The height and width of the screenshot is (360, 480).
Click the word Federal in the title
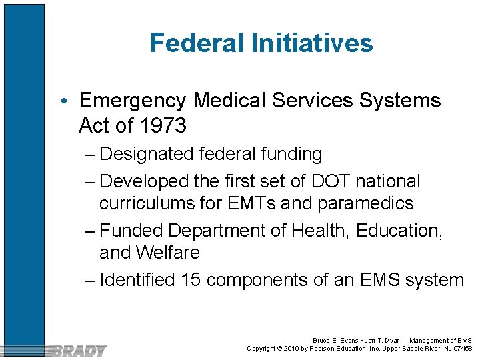197,43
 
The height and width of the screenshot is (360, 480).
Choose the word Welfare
169,253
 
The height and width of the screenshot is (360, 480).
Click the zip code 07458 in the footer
461,348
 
